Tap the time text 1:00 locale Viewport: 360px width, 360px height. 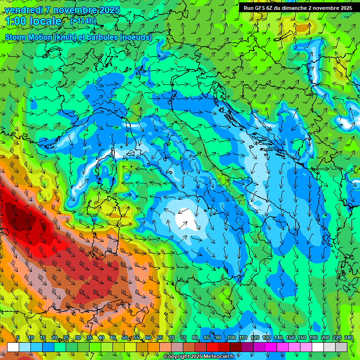coord(33,21)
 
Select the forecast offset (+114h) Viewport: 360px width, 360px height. coord(83,21)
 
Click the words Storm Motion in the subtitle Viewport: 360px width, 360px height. coord(29,37)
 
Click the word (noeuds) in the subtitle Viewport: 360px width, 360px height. coord(136,37)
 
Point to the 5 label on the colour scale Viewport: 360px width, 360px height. coord(18,337)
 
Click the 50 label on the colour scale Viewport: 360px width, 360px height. coord(125,337)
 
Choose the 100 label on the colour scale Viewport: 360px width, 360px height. coord(231,337)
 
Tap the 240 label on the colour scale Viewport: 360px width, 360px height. coord(349,337)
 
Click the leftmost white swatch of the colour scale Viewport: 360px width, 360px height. coord(13,347)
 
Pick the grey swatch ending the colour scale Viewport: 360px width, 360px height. coord(341,347)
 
